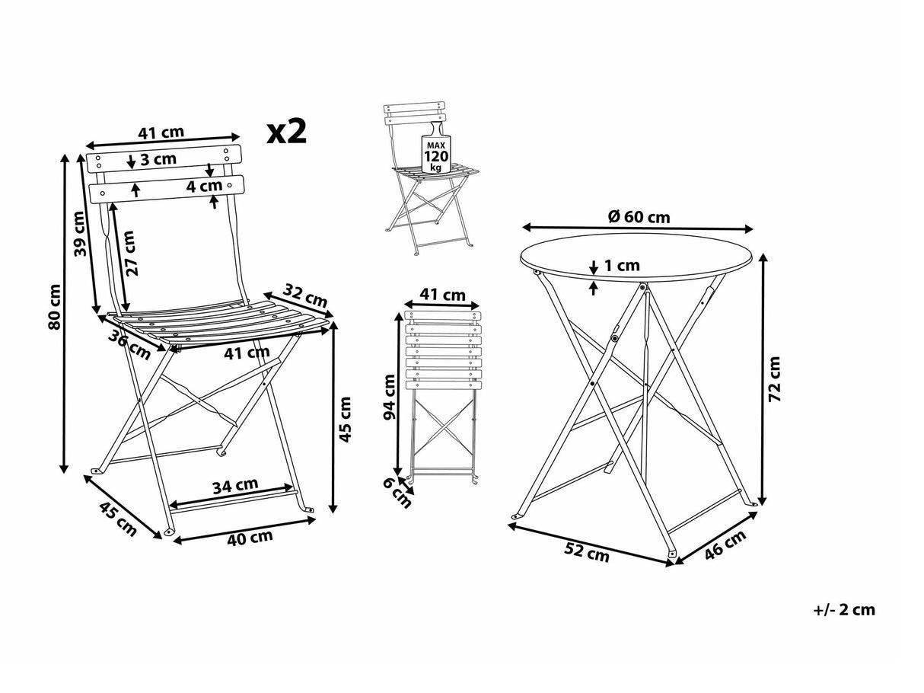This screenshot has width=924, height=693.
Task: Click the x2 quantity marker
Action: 287,132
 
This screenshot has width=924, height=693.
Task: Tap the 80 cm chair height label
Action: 54,308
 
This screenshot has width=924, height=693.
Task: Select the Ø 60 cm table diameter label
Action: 639,217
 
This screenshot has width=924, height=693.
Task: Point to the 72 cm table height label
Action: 776,378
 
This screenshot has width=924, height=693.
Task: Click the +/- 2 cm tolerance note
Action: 844,609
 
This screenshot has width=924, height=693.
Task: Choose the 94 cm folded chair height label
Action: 390,398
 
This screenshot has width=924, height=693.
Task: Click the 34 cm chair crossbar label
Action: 235,485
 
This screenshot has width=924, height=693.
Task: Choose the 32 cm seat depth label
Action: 305,295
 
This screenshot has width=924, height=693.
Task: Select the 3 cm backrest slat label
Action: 159,160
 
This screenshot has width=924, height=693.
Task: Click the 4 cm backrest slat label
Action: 205,185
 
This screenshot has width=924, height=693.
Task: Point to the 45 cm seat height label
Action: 346,419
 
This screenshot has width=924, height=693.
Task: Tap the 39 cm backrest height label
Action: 80,233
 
